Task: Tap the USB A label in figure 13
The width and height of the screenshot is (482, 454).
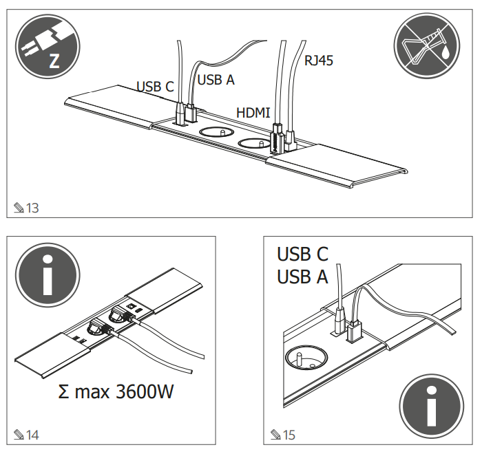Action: [x=216, y=80]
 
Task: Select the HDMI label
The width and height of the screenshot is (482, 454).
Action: [x=253, y=112]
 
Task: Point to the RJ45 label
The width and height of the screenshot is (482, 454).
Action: [x=319, y=61]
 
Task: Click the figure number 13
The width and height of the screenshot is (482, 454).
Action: [x=32, y=208]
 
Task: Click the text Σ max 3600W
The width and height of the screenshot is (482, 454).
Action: [x=116, y=393]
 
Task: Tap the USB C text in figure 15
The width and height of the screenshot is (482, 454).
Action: [x=302, y=254]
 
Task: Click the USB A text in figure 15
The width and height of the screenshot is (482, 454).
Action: [x=302, y=277]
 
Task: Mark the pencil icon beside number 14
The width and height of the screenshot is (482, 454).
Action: [x=19, y=434]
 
